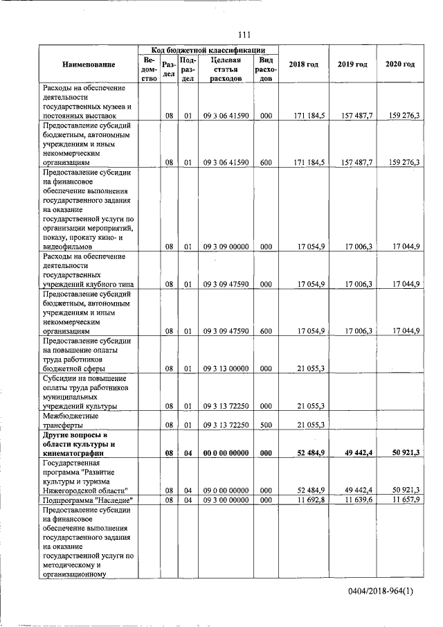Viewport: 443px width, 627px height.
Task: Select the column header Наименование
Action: pyautogui.click(x=89, y=64)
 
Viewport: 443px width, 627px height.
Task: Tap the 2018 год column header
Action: pyautogui.click(x=303, y=64)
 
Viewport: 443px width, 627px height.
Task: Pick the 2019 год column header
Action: pyautogui.click(x=352, y=64)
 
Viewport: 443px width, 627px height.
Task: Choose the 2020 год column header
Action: pyautogui.click(x=400, y=64)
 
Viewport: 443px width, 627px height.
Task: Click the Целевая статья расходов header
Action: pyautogui.click(x=226, y=69)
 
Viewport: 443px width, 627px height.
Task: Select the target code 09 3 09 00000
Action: pyautogui.click(x=226, y=246)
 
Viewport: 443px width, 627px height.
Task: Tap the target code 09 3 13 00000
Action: pyautogui.click(x=226, y=369)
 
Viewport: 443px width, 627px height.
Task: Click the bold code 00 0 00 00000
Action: pyautogui.click(x=226, y=452)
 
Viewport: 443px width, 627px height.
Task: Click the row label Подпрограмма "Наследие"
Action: pyautogui.click(x=87, y=499)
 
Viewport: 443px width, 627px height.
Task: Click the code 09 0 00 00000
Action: pyautogui.click(x=226, y=489)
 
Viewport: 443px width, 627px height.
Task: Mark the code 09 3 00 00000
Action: pyautogui.click(x=226, y=499)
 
